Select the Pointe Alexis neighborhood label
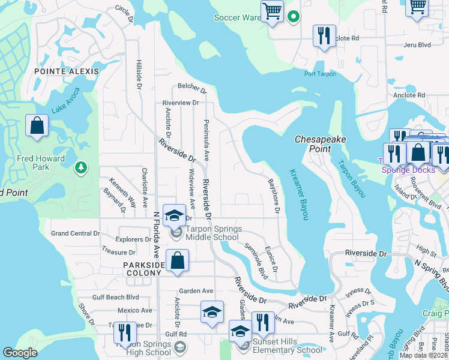point(66,71)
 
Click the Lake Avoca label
point(65,105)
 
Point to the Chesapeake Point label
point(321,143)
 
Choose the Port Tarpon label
point(320,74)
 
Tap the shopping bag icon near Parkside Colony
point(178,261)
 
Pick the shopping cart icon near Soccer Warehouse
point(273,11)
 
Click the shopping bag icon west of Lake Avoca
point(37,126)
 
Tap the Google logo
point(20,353)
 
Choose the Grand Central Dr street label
point(75,233)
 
